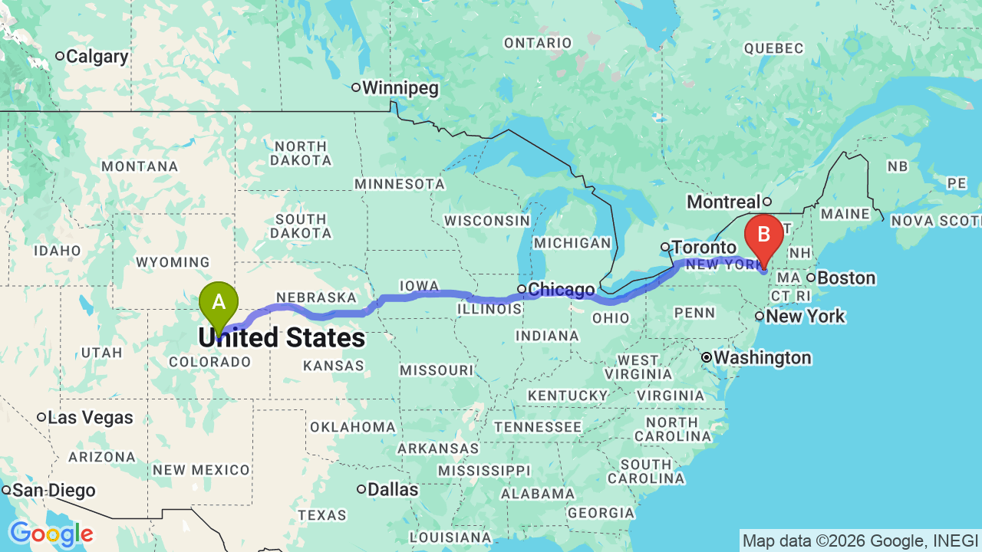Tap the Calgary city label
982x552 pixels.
(97, 56)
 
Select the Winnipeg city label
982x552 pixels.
(400, 87)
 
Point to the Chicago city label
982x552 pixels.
(561, 289)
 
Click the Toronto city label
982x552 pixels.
(704, 247)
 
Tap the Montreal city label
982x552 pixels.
(723, 202)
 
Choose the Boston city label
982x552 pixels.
(845, 278)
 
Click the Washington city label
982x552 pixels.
(762, 358)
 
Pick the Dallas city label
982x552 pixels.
(393, 489)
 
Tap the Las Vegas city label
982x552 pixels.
(90, 418)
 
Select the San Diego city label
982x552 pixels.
(54, 491)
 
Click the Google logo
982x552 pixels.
(51, 534)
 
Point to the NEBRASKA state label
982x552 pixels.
(317, 297)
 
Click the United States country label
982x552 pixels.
(282, 338)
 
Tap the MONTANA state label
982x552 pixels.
(140, 166)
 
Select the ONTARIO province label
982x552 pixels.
(538, 43)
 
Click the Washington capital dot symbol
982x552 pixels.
(707, 358)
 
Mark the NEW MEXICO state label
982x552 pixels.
(201, 470)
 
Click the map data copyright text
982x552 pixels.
(860, 540)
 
